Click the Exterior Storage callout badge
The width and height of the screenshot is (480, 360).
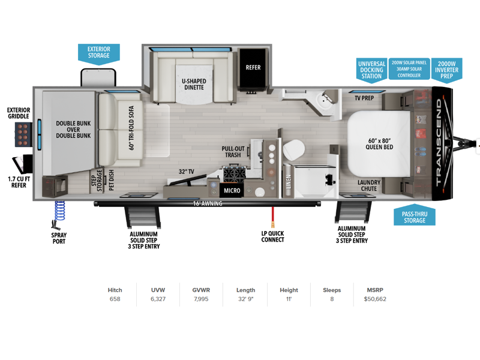pyautogui.click(x=98, y=54)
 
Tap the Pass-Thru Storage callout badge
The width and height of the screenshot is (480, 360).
pyautogui.click(x=415, y=215)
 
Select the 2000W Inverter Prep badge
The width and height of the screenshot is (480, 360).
pyautogui.click(x=446, y=70)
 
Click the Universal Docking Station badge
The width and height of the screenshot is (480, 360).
pyautogui.click(x=371, y=70)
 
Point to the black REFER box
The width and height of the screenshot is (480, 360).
pyautogui.click(x=253, y=68)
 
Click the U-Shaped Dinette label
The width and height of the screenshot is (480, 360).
pyautogui.click(x=194, y=84)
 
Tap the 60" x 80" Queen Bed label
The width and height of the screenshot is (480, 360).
pyautogui.click(x=379, y=144)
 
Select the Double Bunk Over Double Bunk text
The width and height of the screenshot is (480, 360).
pyautogui.click(x=73, y=129)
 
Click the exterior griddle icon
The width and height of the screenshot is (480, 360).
pyautogui.click(x=23, y=134)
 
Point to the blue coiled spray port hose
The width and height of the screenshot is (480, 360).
pyautogui.click(x=59, y=211)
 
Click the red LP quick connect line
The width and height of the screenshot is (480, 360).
pyautogui.click(x=272, y=217)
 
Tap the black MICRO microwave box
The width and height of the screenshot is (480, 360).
pyautogui.click(x=232, y=190)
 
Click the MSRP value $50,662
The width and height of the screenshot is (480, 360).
pyautogui.click(x=375, y=299)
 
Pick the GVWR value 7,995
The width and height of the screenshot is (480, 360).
pyautogui.click(x=201, y=299)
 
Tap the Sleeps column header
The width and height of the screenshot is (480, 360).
pyautogui.click(x=332, y=290)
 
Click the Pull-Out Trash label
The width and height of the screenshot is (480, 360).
pyautogui.click(x=233, y=152)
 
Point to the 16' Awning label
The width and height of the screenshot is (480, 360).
pyautogui.click(x=208, y=203)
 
